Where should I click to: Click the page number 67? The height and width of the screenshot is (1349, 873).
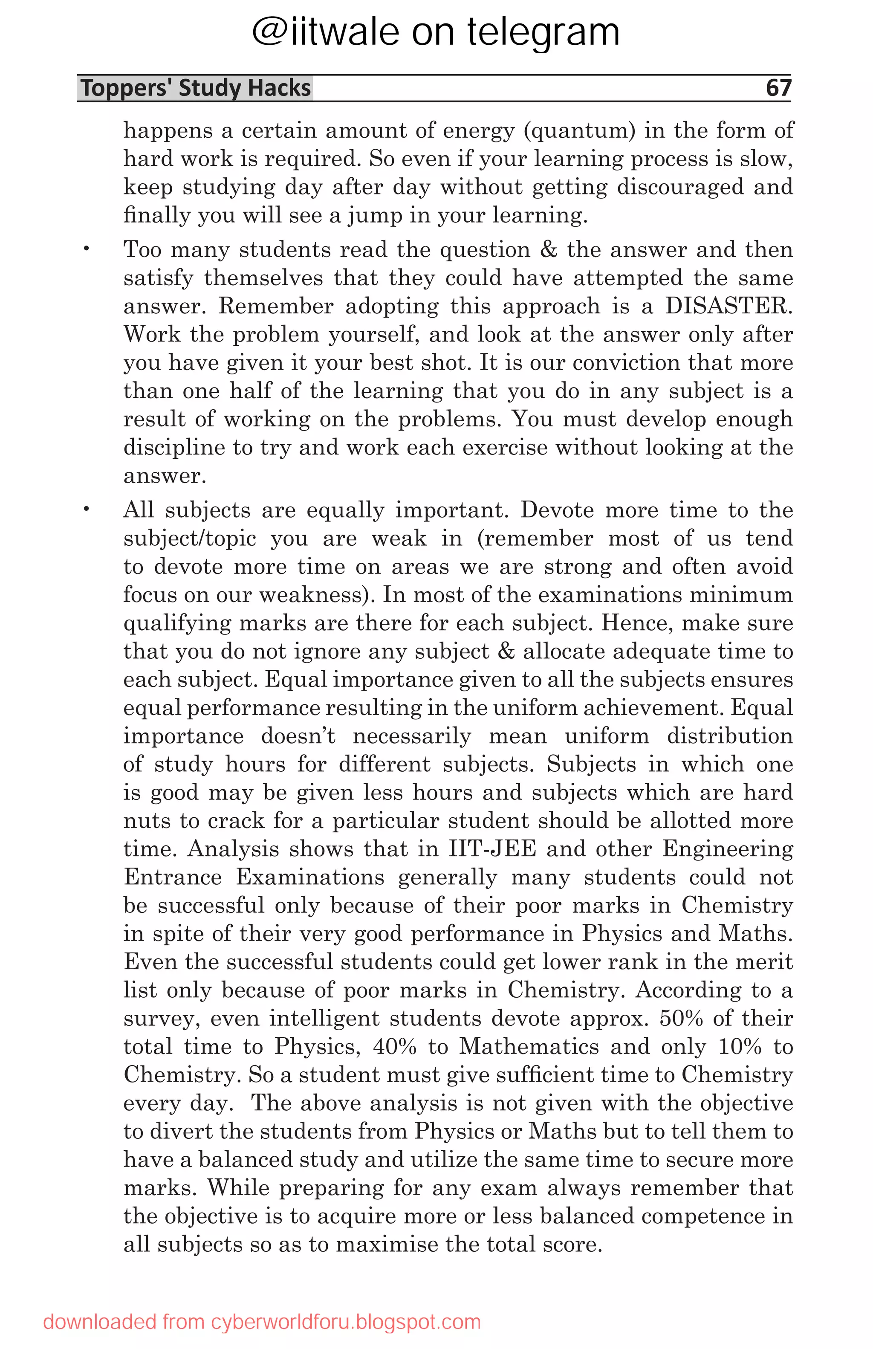pyautogui.click(x=778, y=88)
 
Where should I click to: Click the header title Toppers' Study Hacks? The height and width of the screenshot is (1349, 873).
pyautogui.click(x=196, y=88)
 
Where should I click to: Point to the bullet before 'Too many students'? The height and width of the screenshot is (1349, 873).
pyautogui.click(x=87, y=249)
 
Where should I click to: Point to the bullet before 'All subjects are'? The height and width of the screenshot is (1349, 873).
pyautogui.click(x=87, y=509)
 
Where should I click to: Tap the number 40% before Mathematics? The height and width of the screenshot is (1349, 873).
pyautogui.click(x=394, y=1046)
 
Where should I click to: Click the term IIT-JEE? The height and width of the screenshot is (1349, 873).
pyautogui.click(x=492, y=848)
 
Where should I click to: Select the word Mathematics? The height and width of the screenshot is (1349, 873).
pyautogui.click(x=529, y=1046)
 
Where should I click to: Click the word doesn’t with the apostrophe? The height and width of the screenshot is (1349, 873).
pyautogui.click(x=298, y=736)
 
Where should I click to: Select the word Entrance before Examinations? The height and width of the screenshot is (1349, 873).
pyautogui.click(x=173, y=877)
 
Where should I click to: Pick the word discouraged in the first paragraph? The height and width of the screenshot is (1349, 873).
pyautogui.click(x=679, y=187)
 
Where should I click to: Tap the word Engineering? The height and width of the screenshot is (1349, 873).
pyautogui.click(x=727, y=848)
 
